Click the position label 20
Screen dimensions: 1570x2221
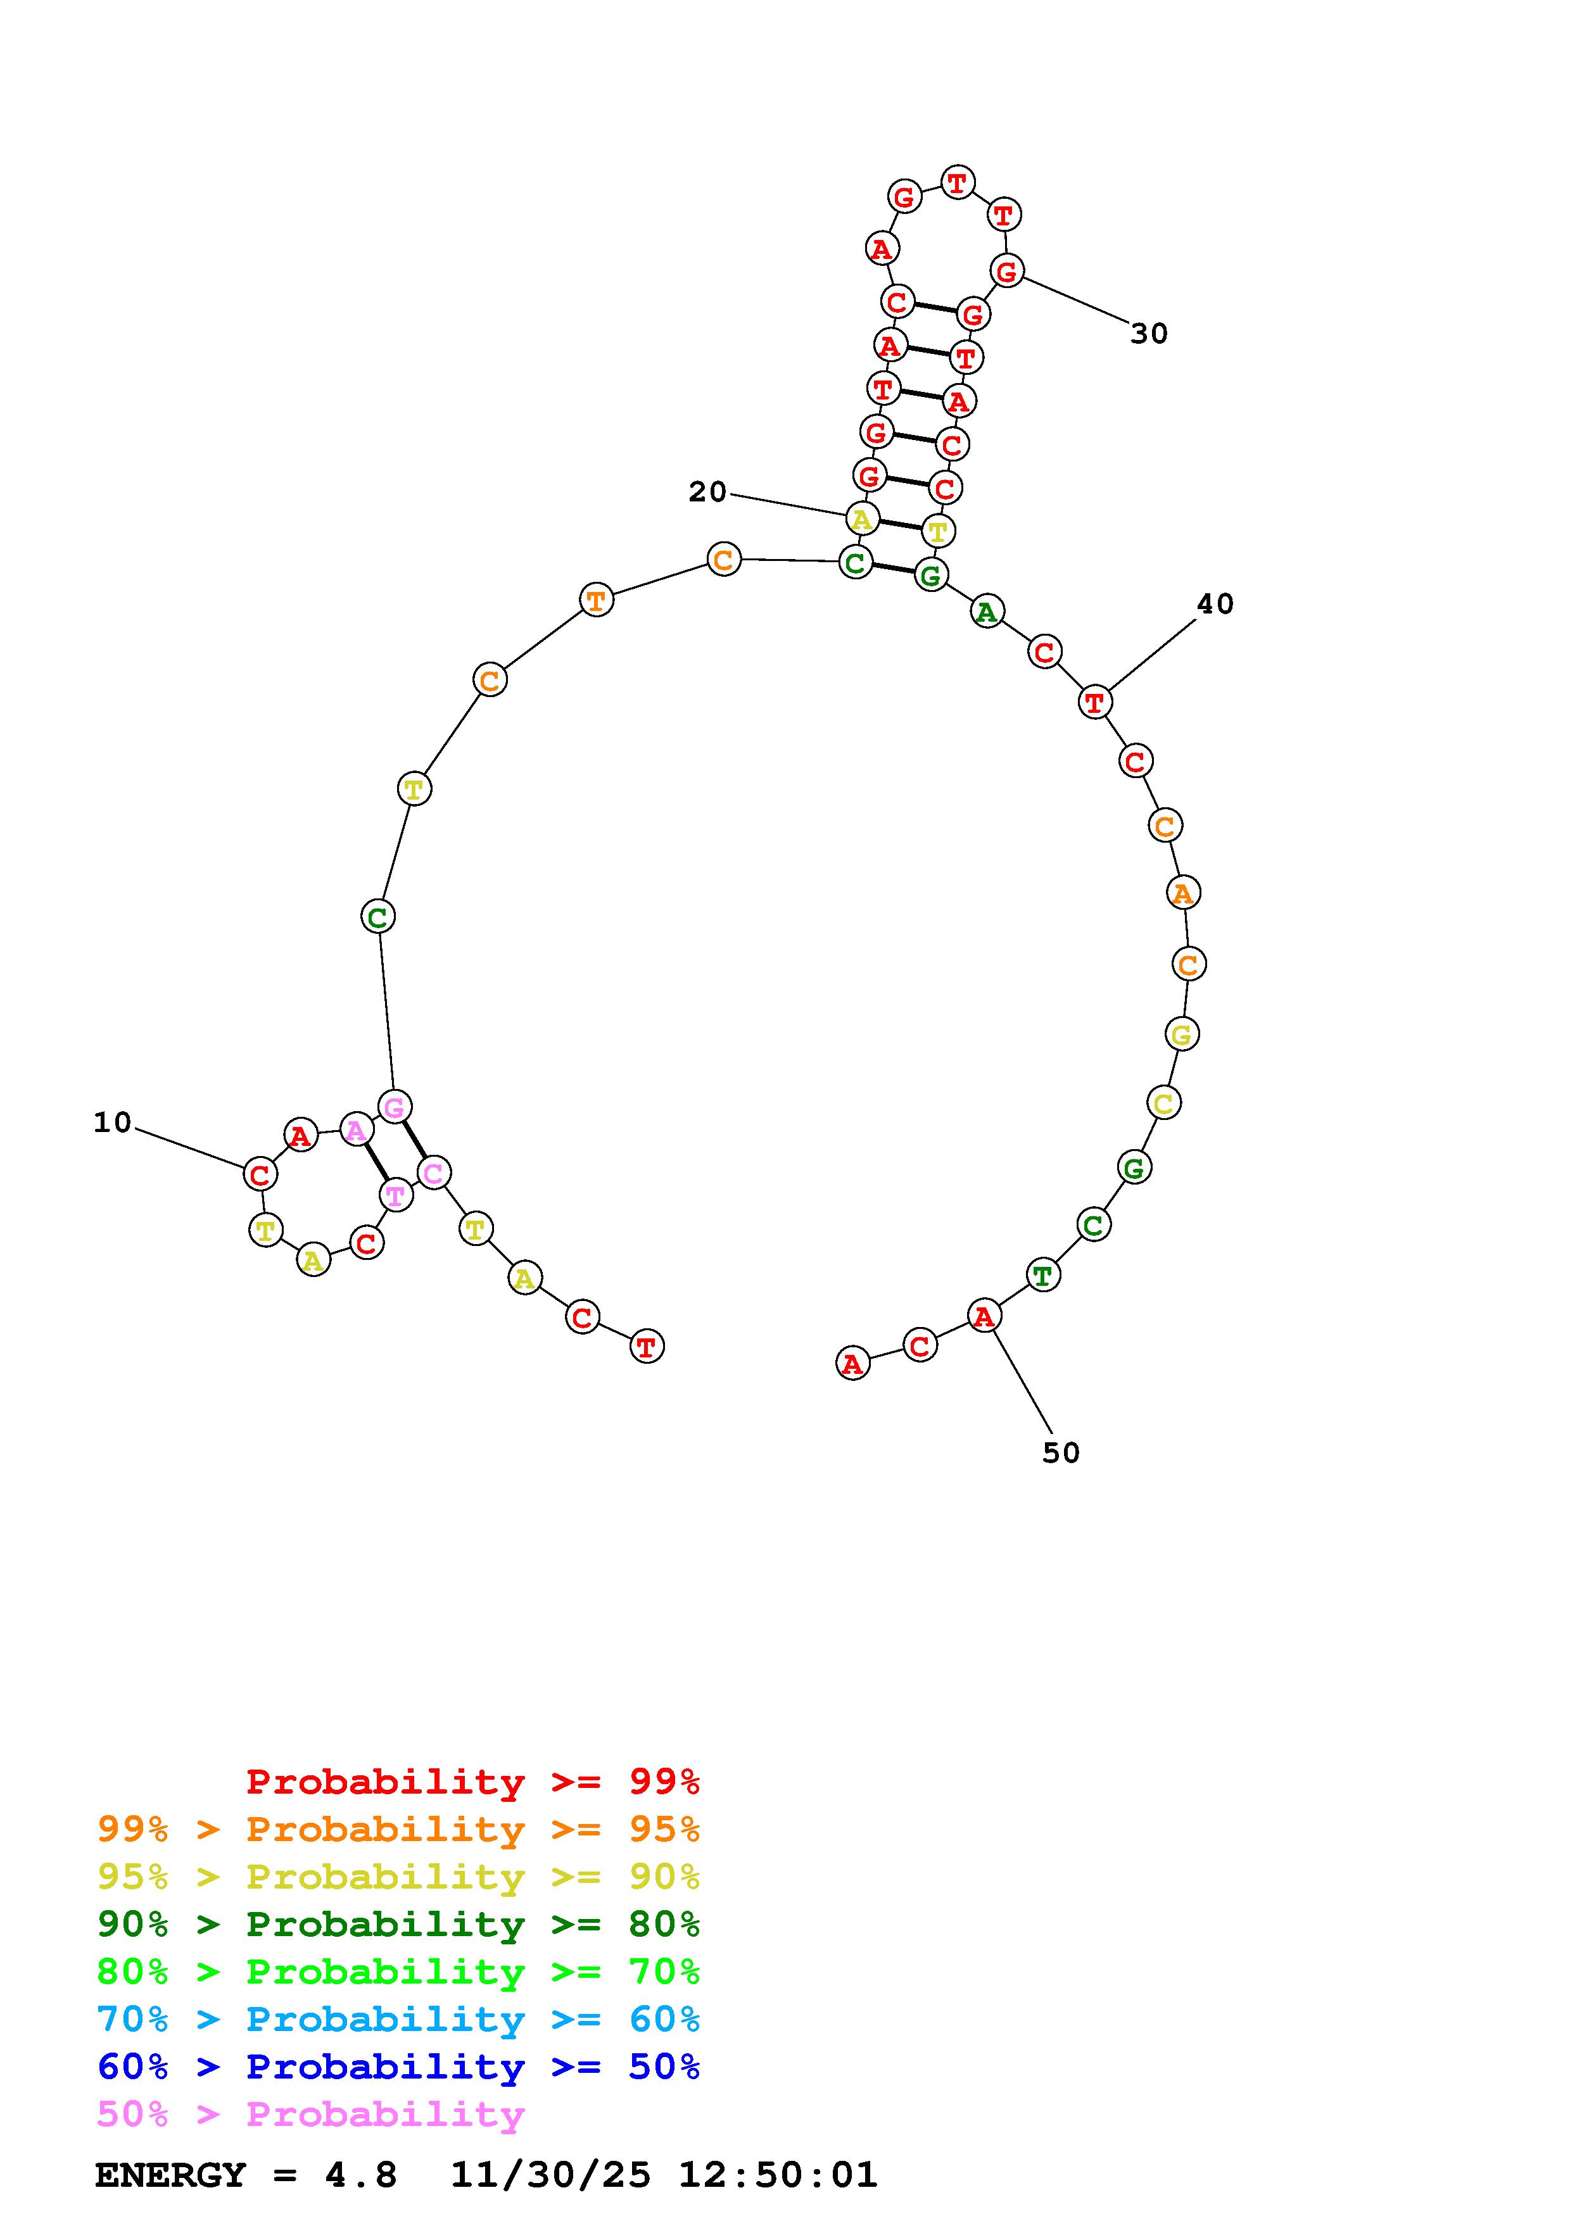707,493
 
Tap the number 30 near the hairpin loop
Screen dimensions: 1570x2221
1149,334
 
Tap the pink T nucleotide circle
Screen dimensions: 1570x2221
396,1195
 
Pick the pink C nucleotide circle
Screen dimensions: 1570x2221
433,1173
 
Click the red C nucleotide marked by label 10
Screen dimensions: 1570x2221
259,1174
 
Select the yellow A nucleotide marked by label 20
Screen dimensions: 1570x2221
862,519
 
